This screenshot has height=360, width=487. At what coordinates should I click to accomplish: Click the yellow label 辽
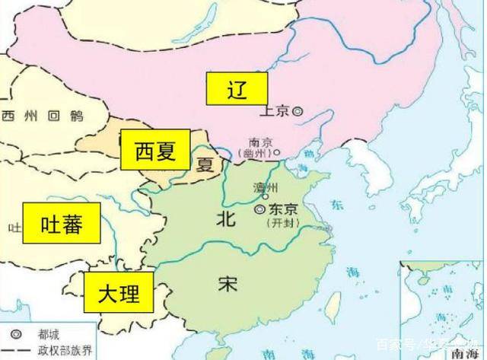237,90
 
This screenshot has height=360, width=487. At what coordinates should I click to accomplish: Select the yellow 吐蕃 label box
61,225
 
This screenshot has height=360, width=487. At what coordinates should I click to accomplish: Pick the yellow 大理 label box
117,292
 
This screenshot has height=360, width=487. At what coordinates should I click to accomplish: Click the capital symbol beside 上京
298,110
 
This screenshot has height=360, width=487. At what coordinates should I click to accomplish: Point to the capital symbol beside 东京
259,209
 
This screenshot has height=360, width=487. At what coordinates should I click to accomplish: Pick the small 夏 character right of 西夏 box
203,164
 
